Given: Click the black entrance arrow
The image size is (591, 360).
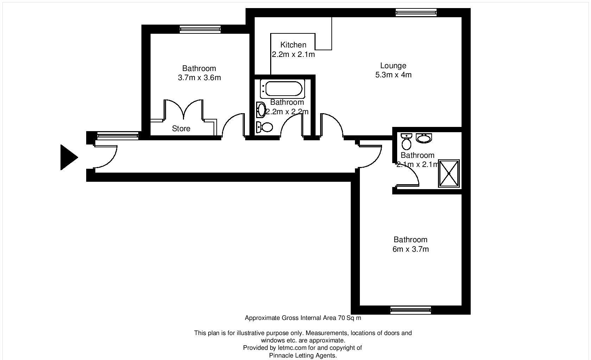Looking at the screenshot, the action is (x=69, y=157).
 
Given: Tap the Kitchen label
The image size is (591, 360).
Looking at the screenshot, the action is (x=293, y=45).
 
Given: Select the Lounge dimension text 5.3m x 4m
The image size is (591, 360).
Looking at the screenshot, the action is (x=393, y=75).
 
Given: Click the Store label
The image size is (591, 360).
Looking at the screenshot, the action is (x=181, y=129).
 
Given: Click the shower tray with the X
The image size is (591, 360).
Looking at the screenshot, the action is (x=449, y=173).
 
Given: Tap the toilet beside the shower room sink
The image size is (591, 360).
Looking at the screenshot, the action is (x=406, y=142).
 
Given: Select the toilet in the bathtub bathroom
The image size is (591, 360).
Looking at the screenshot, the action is (x=265, y=127).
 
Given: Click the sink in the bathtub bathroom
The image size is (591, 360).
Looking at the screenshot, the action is (x=261, y=110).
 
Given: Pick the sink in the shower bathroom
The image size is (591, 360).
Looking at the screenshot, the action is (x=424, y=138).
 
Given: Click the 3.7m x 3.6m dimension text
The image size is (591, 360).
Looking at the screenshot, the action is (x=199, y=78).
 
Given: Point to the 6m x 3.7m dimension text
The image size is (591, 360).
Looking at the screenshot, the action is (x=411, y=249).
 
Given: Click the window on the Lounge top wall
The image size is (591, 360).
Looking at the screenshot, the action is (x=416, y=13).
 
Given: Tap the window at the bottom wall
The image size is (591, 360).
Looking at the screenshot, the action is (x=411, y=310).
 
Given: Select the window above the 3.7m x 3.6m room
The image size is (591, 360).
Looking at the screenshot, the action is (x=200, y=29).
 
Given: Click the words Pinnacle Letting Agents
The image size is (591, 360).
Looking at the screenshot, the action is (x=303, y=355).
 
